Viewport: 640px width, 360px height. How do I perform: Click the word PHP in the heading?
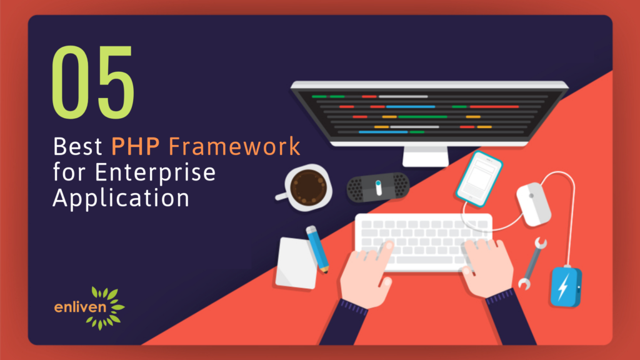pos(135,146)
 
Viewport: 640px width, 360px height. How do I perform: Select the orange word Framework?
pos(234,146)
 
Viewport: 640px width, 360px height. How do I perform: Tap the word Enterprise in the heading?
pos(155,172)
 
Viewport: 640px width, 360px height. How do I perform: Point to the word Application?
pos(121,198)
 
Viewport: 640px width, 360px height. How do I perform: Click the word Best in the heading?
pos(77,146)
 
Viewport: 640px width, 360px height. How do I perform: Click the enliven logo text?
pos(80,306)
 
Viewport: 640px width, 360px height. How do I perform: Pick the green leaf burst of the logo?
pos(107,307)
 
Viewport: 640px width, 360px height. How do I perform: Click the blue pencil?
pos(317,249)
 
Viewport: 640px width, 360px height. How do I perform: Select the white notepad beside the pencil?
pos(296,263)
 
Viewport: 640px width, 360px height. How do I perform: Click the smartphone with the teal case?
pos(479,179)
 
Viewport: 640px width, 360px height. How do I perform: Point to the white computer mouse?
pos(534,204)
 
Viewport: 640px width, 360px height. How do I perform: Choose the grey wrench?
pos(532,264)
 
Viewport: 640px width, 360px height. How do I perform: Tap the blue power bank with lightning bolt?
pos(566,286)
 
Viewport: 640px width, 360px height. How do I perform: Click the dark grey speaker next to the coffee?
pos(378,187)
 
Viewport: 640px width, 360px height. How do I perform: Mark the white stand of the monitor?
pos(425,156)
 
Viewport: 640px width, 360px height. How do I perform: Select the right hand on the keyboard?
pos(487,267)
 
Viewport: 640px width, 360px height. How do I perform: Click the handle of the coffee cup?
pos(282,196)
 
